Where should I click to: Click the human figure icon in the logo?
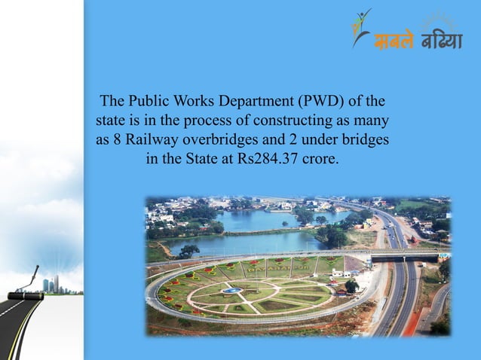pos(361,26)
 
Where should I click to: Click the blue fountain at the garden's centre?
pos(233,290)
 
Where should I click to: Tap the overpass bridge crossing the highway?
pos(407,257)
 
